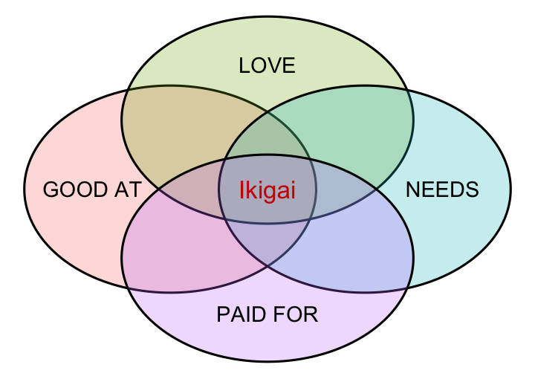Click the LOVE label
pos(267,66)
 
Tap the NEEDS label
pos(442,189)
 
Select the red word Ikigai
pos(267,191)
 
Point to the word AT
pos(128,190)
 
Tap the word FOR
pos(295,315)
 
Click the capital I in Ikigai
pos(242,191)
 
